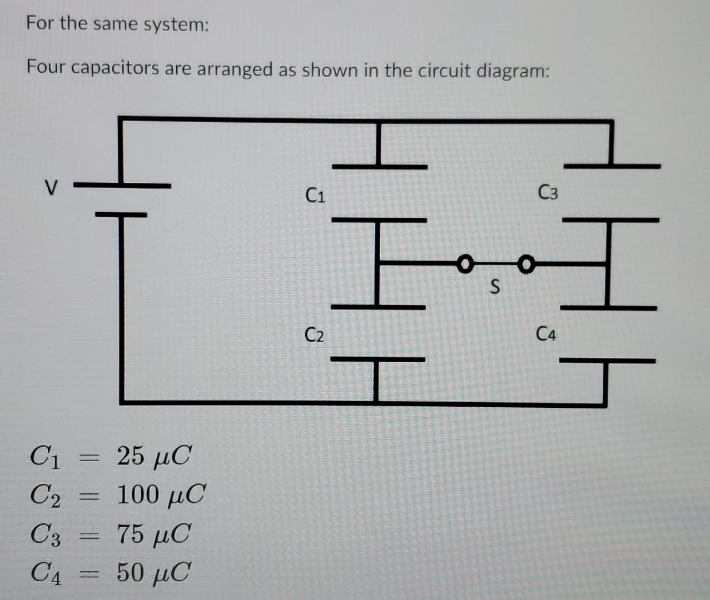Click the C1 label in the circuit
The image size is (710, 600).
point(315,195)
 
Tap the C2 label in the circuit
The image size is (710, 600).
point(314,334)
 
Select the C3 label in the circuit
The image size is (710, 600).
point(548,192)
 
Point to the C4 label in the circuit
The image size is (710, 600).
point(546,334)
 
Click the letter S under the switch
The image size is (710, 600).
point(495,286)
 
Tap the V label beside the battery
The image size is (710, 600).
point(51,188)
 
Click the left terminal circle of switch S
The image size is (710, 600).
point(465,264)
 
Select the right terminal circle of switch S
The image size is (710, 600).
point(526,264)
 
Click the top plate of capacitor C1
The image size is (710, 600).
point(380,167)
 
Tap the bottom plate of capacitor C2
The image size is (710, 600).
point(378,359)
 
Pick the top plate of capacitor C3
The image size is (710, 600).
point(612,166)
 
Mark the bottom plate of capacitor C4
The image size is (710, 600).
point(607,361)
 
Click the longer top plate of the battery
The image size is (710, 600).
point(122,186)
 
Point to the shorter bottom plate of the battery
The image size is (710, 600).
point(121,214)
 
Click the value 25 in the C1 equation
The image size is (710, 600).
point(131,456)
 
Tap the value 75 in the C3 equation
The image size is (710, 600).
point(131,534)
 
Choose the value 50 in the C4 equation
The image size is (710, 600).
point(131,572)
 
